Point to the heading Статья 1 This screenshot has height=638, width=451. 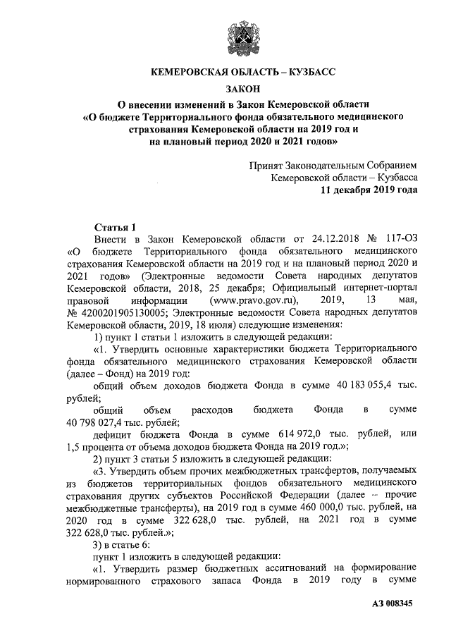[x=113, y=226]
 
